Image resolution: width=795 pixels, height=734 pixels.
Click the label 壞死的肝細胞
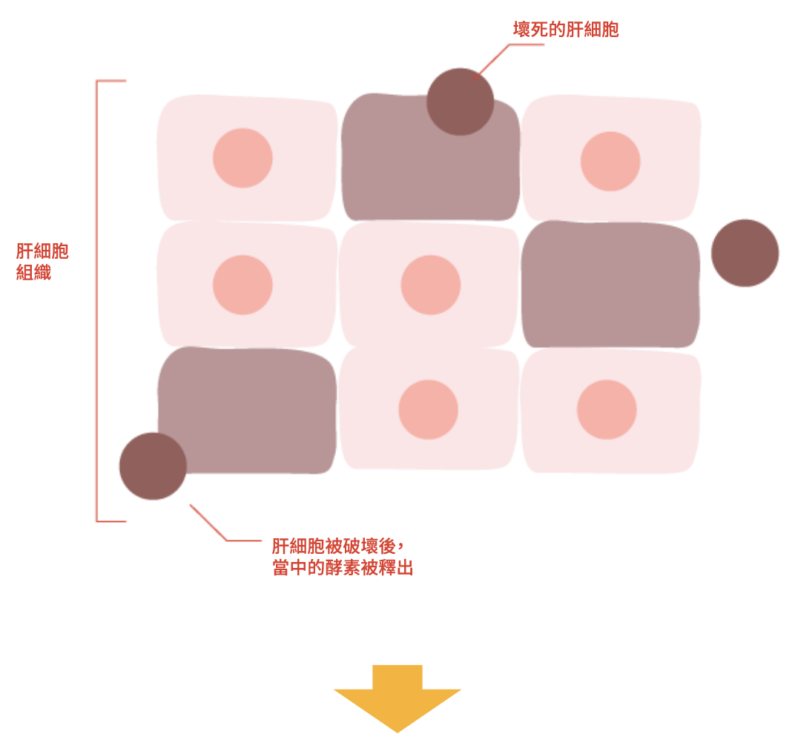tap(566, 30)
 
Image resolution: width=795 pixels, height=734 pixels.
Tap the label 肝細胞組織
tap(42, 261)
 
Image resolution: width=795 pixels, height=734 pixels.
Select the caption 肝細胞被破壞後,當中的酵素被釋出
tap(341, 558)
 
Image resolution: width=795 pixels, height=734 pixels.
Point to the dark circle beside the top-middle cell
tap(460, 101)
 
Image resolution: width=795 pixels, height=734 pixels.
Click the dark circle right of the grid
tap(745, 253)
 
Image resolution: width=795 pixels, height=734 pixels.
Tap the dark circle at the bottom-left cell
tap(152, 466)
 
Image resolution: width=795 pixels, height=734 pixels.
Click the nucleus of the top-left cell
tap(243, 158)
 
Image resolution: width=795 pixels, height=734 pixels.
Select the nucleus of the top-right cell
tap(610, 161)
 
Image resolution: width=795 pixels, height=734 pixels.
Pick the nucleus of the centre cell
tap(431, 285)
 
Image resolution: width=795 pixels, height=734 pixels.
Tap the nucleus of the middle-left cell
tap(243, 285)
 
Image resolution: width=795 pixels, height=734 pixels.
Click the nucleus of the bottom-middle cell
tap(428, 410)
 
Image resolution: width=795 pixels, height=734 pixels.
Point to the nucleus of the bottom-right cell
tap(607, 409)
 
